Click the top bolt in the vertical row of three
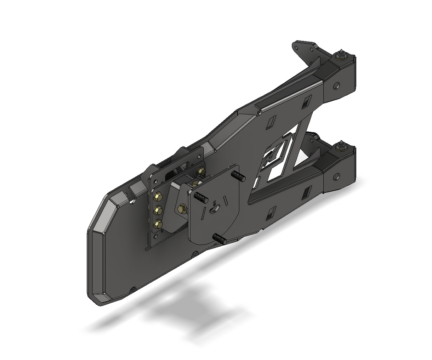[x=157, y=196]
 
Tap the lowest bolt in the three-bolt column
[x=157, y=223]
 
